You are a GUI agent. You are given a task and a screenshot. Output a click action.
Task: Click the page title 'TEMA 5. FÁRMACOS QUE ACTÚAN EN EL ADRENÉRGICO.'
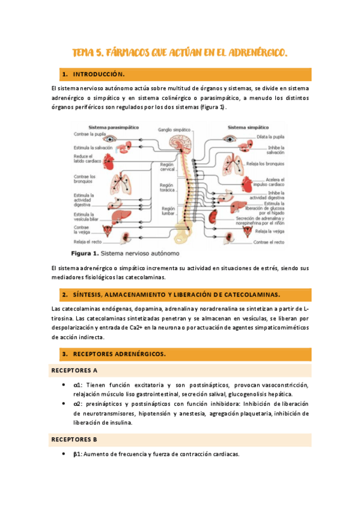(180, 53)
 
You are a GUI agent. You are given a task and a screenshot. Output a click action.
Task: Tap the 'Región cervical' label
(166, 167)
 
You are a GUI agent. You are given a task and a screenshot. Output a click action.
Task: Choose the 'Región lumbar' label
(168, 210)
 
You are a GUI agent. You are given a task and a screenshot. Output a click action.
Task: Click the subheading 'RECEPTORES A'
(75, 370)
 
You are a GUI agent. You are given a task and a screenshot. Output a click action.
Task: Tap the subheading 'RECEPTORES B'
(75, 440)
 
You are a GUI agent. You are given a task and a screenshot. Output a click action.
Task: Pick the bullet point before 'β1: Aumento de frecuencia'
(64, 455)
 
